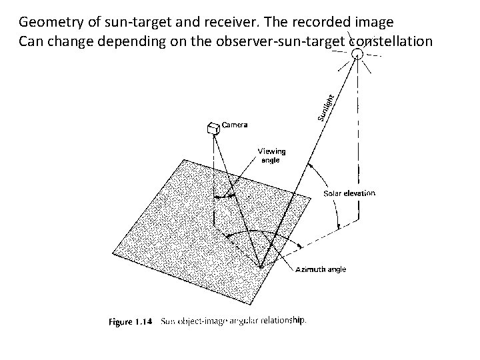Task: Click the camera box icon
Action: pyautogui.click(x=213, y=129)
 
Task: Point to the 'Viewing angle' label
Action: pyautogui.click(x=271, y=155)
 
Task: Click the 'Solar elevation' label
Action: pyautogui.click(x=349, y=193)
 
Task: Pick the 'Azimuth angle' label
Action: pyautogui.click(x=321, y=269)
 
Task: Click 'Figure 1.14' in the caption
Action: pyautogui.click(x=131, y=321)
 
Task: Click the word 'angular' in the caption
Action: pyautogui.click(x=244, y=321)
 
